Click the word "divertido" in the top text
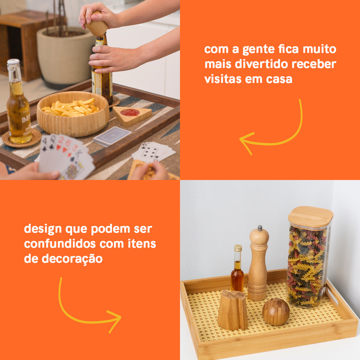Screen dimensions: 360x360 pos(262,64)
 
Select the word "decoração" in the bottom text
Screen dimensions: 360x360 pos(72,259)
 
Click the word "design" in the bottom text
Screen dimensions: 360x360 pos(43,229)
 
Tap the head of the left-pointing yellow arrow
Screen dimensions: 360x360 pos(246,142)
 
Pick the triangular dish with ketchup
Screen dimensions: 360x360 pos(132,115)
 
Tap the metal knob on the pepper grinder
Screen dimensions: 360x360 pos(260,228)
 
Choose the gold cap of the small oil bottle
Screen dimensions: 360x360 pos(238,248)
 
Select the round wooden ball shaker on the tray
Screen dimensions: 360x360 pos(276,312)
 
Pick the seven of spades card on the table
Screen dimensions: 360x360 pos(150,151)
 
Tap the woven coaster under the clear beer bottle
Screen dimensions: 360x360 pos(21,139)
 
